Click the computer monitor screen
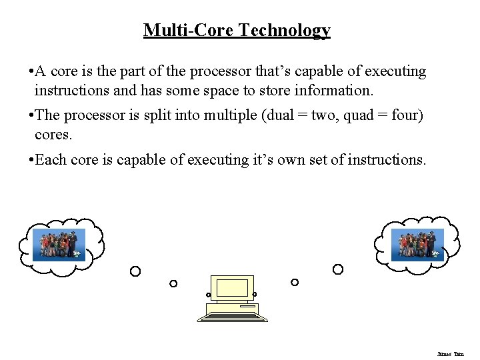232,288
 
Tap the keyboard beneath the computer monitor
233,312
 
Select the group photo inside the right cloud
417,245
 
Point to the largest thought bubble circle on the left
135,271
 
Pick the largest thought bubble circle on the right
338,269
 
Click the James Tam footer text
450,353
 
